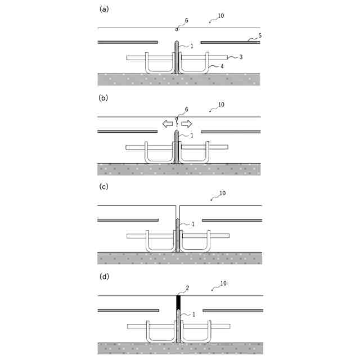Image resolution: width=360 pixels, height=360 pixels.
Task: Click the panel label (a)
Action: point(103,9)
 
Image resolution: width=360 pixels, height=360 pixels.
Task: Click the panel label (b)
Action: point(103,98)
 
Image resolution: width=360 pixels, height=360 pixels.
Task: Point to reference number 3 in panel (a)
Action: point(241,57)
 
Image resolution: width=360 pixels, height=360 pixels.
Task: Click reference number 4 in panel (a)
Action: point(222,66)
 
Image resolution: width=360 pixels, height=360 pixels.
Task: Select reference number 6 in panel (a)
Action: point(187,20)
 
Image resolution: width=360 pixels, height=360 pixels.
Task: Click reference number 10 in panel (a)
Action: point(220,16)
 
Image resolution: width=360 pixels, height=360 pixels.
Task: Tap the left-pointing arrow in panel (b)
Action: point(168,124)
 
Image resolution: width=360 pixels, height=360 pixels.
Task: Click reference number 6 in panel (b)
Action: point(187,109)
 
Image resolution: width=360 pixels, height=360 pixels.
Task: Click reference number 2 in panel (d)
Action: point(187,288)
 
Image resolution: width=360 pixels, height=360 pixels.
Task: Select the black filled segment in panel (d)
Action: point(178,303)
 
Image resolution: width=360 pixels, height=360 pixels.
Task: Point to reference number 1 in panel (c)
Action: point(193,224)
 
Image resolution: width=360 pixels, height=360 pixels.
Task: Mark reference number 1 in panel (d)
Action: point(194,314)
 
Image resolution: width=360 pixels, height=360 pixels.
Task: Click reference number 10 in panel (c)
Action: point(222,193)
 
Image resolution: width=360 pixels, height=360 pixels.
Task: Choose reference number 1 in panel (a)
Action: point(192,46)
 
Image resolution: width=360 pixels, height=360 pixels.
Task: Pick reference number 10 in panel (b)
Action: point(220,105)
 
